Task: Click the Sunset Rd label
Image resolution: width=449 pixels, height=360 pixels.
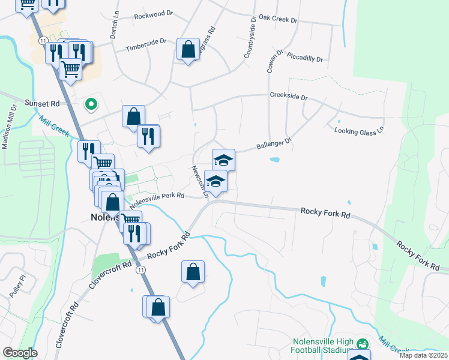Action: point(41,103)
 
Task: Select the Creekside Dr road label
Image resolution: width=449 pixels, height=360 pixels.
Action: point(288,96)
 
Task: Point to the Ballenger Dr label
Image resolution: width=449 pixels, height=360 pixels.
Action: point(273,144)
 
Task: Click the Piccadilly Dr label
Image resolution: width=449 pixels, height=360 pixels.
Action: point(305,59)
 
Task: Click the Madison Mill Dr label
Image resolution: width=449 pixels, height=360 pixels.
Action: point(8,131)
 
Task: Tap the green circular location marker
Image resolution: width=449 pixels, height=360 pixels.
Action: point(91,104)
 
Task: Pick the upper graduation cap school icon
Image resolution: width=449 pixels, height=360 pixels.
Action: point(223,160)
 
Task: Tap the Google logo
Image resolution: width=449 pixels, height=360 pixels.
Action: point(20,353)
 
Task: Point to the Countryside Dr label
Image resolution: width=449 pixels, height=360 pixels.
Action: point(250,37)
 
